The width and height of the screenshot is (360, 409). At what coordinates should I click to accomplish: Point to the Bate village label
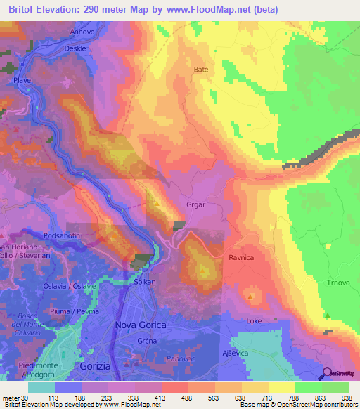(x=201, y=70)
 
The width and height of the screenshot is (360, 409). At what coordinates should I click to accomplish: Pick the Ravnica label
(x=240, y=258)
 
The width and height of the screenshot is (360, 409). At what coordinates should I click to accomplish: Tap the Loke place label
(x=254, y=321)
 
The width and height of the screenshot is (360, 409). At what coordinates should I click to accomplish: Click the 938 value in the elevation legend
(x=346, y=397)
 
